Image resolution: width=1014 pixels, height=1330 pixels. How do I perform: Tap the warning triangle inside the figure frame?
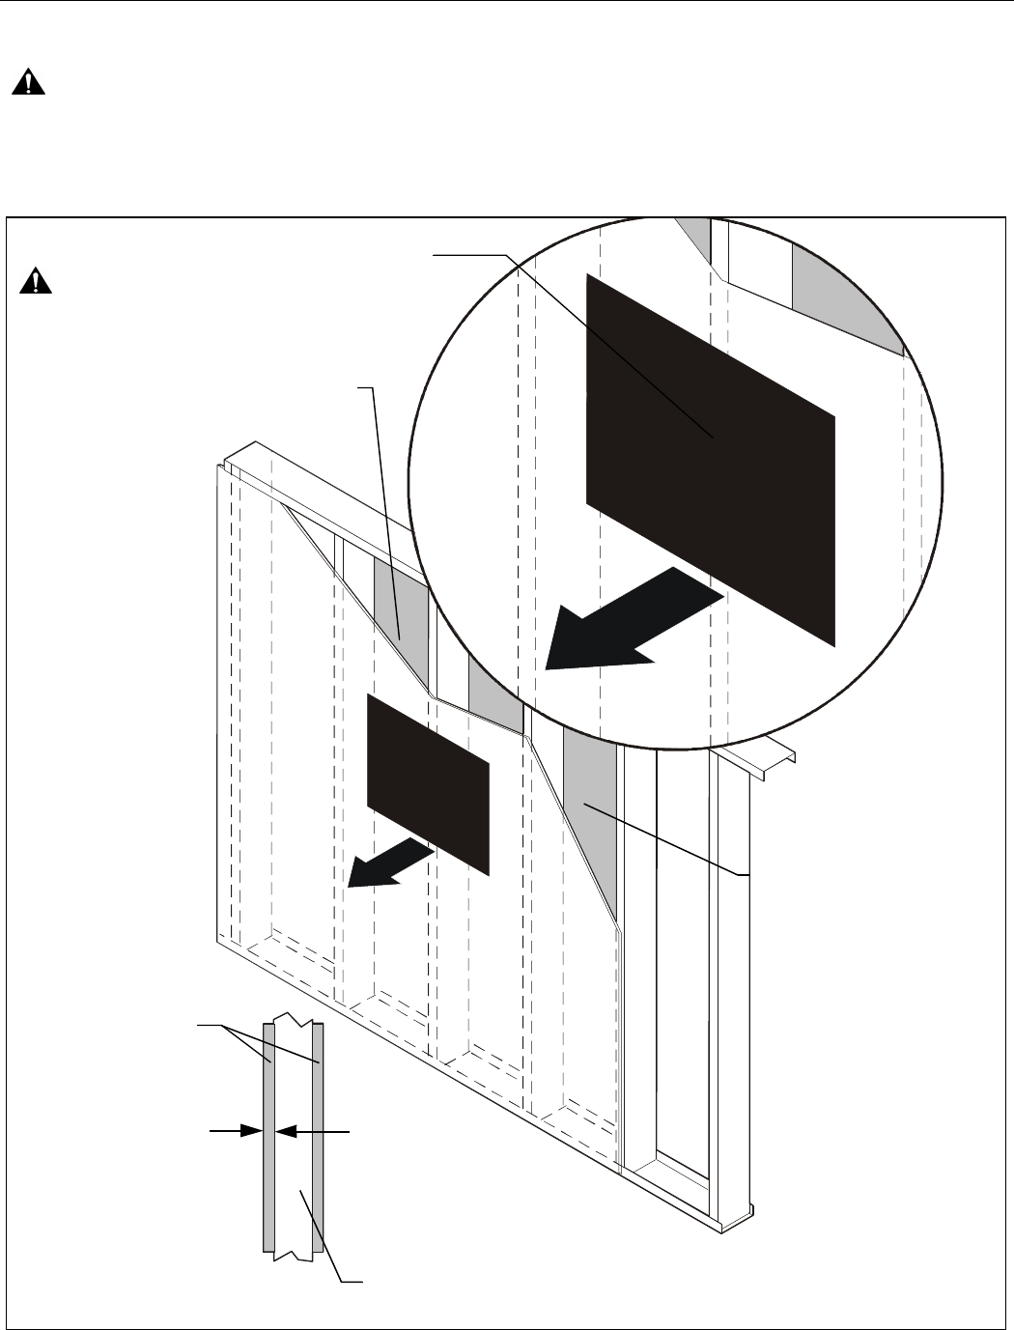pyautogui.click(x=36, y=281)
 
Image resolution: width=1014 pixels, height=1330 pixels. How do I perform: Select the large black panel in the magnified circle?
pyautogui.click(x=710, y=459)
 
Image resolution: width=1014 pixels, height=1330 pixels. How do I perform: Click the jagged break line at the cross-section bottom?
pyautogui.click(x=294, y=1257)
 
